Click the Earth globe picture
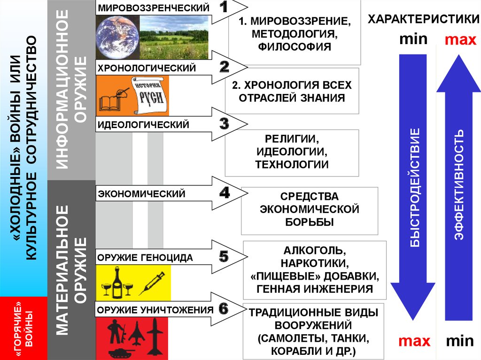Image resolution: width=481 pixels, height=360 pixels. pos(117,37)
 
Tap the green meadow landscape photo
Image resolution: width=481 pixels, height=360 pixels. pos(174,37)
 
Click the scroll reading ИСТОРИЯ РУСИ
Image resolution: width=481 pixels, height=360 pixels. pos(151,95)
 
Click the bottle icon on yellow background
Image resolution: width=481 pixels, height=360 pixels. pos(117,283)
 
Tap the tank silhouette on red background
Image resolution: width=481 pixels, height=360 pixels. pos(121,352)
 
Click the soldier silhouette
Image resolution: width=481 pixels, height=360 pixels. pos(116,331)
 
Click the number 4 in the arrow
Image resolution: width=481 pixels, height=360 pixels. pos(225,192)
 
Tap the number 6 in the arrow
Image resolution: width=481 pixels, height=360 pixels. pos(224,309)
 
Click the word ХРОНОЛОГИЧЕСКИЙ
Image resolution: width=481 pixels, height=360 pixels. pos(147,68)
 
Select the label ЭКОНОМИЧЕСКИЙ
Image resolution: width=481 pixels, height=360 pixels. pos(141,194)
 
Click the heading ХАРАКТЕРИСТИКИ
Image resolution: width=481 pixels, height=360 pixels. pos(424,19)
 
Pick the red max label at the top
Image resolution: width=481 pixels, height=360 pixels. pos(460,40)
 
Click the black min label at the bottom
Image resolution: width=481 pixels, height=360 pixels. pos(459,341)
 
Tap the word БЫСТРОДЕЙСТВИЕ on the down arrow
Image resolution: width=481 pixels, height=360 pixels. pos(414,187)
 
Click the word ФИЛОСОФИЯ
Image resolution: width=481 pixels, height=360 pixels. pos(295,46)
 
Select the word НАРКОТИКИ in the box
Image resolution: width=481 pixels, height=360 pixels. pos(314,263)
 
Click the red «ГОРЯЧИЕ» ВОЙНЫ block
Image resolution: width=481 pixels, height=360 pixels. pos(23,328)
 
